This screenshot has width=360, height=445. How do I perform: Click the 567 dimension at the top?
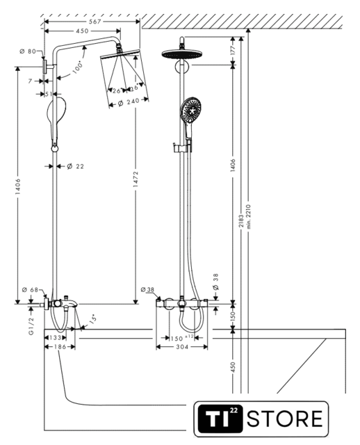(x=95, y=22)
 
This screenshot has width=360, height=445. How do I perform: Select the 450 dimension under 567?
(x=82, y=31)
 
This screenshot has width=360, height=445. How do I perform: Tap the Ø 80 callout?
(x=28, y=51)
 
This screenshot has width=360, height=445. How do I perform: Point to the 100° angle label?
(x=77, y=67)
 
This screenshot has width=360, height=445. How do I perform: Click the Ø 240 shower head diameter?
(x=129, y=102)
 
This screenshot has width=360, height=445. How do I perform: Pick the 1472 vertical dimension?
(x=136, y=179)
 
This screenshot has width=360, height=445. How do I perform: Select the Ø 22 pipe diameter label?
(x=76, y=166)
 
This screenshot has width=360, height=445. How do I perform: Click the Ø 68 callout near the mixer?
(x=30, y=290)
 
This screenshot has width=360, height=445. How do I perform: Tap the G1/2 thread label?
(x=31, y=326)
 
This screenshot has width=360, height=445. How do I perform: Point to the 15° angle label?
(x=92, y=319)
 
